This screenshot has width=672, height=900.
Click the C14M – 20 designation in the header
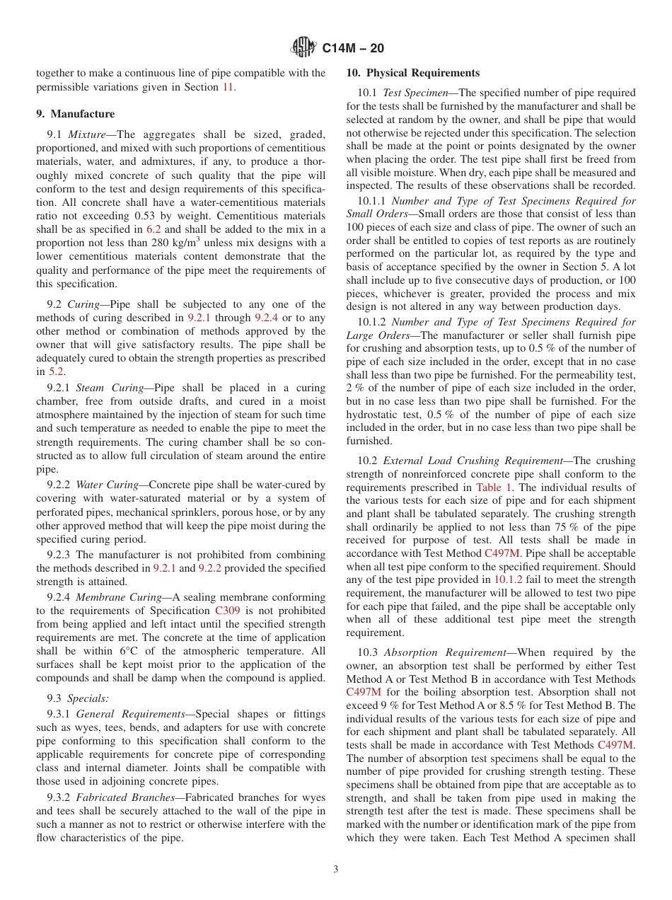(x=353, y=49)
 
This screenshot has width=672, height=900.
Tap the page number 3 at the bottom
(x=336, y=870)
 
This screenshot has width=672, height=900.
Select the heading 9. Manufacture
(x=75, y=114)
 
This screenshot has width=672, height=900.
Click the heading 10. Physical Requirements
(x=413, y=73)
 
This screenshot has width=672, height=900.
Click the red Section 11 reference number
(x=228, y=87)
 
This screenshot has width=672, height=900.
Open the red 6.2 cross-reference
(x=153, y=229)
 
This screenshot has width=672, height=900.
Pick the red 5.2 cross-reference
(x=56, y=371)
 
